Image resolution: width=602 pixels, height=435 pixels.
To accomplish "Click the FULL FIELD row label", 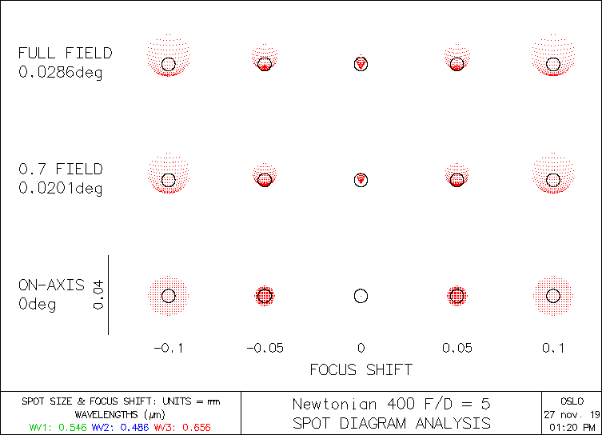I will point(66,54).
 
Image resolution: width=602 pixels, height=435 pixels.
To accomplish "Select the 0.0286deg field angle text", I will point(61,73).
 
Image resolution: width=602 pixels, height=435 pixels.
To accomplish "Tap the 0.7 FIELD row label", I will point(61,170).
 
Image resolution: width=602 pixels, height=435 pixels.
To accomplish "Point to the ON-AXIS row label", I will point(52,285).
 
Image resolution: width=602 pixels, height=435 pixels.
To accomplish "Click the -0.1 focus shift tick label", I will point(168,348).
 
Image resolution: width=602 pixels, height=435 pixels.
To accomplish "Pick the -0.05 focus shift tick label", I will point(264,348).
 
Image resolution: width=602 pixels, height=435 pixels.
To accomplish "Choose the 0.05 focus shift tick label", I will point(456,348).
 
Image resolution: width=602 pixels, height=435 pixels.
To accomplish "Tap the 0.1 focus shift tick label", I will point(552,348).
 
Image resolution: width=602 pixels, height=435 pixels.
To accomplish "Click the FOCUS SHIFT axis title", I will point(361,369).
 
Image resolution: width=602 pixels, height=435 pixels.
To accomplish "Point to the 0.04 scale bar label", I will point(98,295).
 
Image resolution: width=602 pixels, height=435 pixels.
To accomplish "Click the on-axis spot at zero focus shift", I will point(361,296).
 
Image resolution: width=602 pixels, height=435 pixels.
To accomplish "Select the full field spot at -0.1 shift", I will point(168,58).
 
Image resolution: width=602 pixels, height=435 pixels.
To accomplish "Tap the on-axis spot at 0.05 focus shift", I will point(456,296).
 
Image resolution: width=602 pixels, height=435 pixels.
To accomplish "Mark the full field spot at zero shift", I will point(361,63).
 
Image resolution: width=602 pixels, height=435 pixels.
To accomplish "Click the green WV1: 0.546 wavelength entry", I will point(58,428).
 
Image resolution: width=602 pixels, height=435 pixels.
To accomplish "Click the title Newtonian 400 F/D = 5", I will point(391,405).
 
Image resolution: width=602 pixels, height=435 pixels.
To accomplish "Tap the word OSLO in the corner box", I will point(572,401).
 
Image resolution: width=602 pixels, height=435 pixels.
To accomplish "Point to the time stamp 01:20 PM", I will point(572,427).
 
